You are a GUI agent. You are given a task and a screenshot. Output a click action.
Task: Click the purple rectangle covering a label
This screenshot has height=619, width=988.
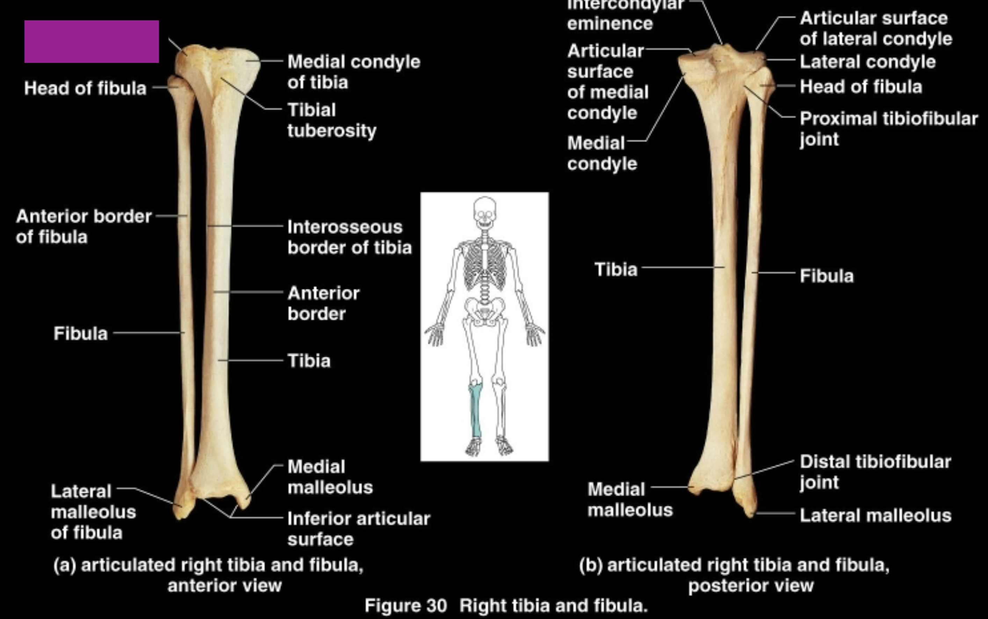pyautogui.click(x=92, y=41)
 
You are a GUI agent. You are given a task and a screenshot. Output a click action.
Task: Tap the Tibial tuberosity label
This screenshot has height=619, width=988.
pyautogui.click(x=331, y=120)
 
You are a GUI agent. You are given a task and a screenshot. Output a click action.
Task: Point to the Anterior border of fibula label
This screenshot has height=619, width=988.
pyautogui.click(x=83, y=226)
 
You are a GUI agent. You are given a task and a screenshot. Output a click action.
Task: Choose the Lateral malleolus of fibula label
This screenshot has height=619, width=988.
pyautogui.click(x=93, y=512)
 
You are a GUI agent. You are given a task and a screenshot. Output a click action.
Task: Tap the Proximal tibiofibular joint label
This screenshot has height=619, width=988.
pyautogui.click(x=888, y=129)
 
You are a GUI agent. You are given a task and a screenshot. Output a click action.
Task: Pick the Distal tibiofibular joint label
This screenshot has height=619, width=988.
pyautogui.click(x=875, y=472)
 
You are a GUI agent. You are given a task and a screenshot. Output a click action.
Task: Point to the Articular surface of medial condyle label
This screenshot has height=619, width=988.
pyautogui.click(x=608, y=82)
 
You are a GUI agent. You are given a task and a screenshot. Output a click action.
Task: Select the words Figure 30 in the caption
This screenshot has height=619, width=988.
pyautogui.click(x=405, y=605)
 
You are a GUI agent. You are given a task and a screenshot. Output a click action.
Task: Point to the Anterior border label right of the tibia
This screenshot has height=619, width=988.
pyautogui.click(x=323, y=303)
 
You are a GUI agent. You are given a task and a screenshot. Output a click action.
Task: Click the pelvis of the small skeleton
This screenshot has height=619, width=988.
pyautogui.click(x=485, y=309)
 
